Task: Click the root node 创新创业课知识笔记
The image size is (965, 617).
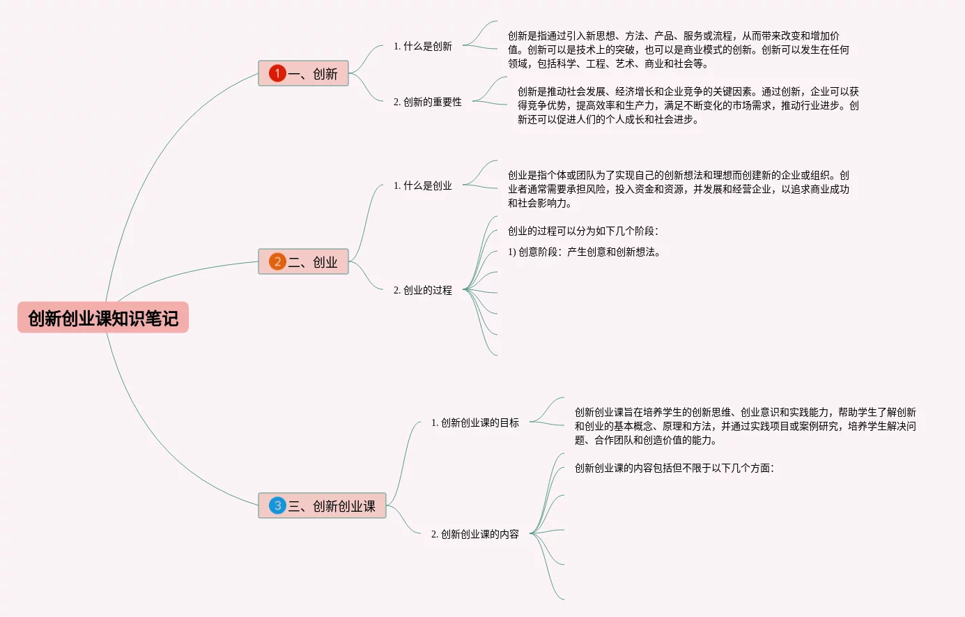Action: [103, 318]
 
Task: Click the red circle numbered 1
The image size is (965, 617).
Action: [277, 73]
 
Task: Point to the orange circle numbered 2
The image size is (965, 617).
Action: [277, 261]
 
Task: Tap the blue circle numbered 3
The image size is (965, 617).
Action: [277, 505]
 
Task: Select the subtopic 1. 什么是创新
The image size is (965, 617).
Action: [422, 46]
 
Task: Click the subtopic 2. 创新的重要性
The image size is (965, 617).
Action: [427, 102]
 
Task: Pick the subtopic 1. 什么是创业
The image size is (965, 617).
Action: [422, 185]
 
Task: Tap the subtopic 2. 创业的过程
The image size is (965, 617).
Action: [422, 290]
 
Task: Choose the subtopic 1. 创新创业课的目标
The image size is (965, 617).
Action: [474, 422]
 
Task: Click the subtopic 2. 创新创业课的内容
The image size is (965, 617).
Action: [474, 534]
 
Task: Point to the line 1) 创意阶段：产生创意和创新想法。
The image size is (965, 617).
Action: [584, 252]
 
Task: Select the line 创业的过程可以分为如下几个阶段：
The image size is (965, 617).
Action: [582, 231]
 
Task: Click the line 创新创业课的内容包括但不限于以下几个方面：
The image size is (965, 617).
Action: [674, 468]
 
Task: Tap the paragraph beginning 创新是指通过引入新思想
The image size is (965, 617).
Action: [678, 49]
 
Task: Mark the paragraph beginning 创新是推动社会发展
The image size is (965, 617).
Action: [688, 105]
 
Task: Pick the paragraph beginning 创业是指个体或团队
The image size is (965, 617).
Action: [678, 189]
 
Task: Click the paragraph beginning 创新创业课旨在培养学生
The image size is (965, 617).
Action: [745, 426]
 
